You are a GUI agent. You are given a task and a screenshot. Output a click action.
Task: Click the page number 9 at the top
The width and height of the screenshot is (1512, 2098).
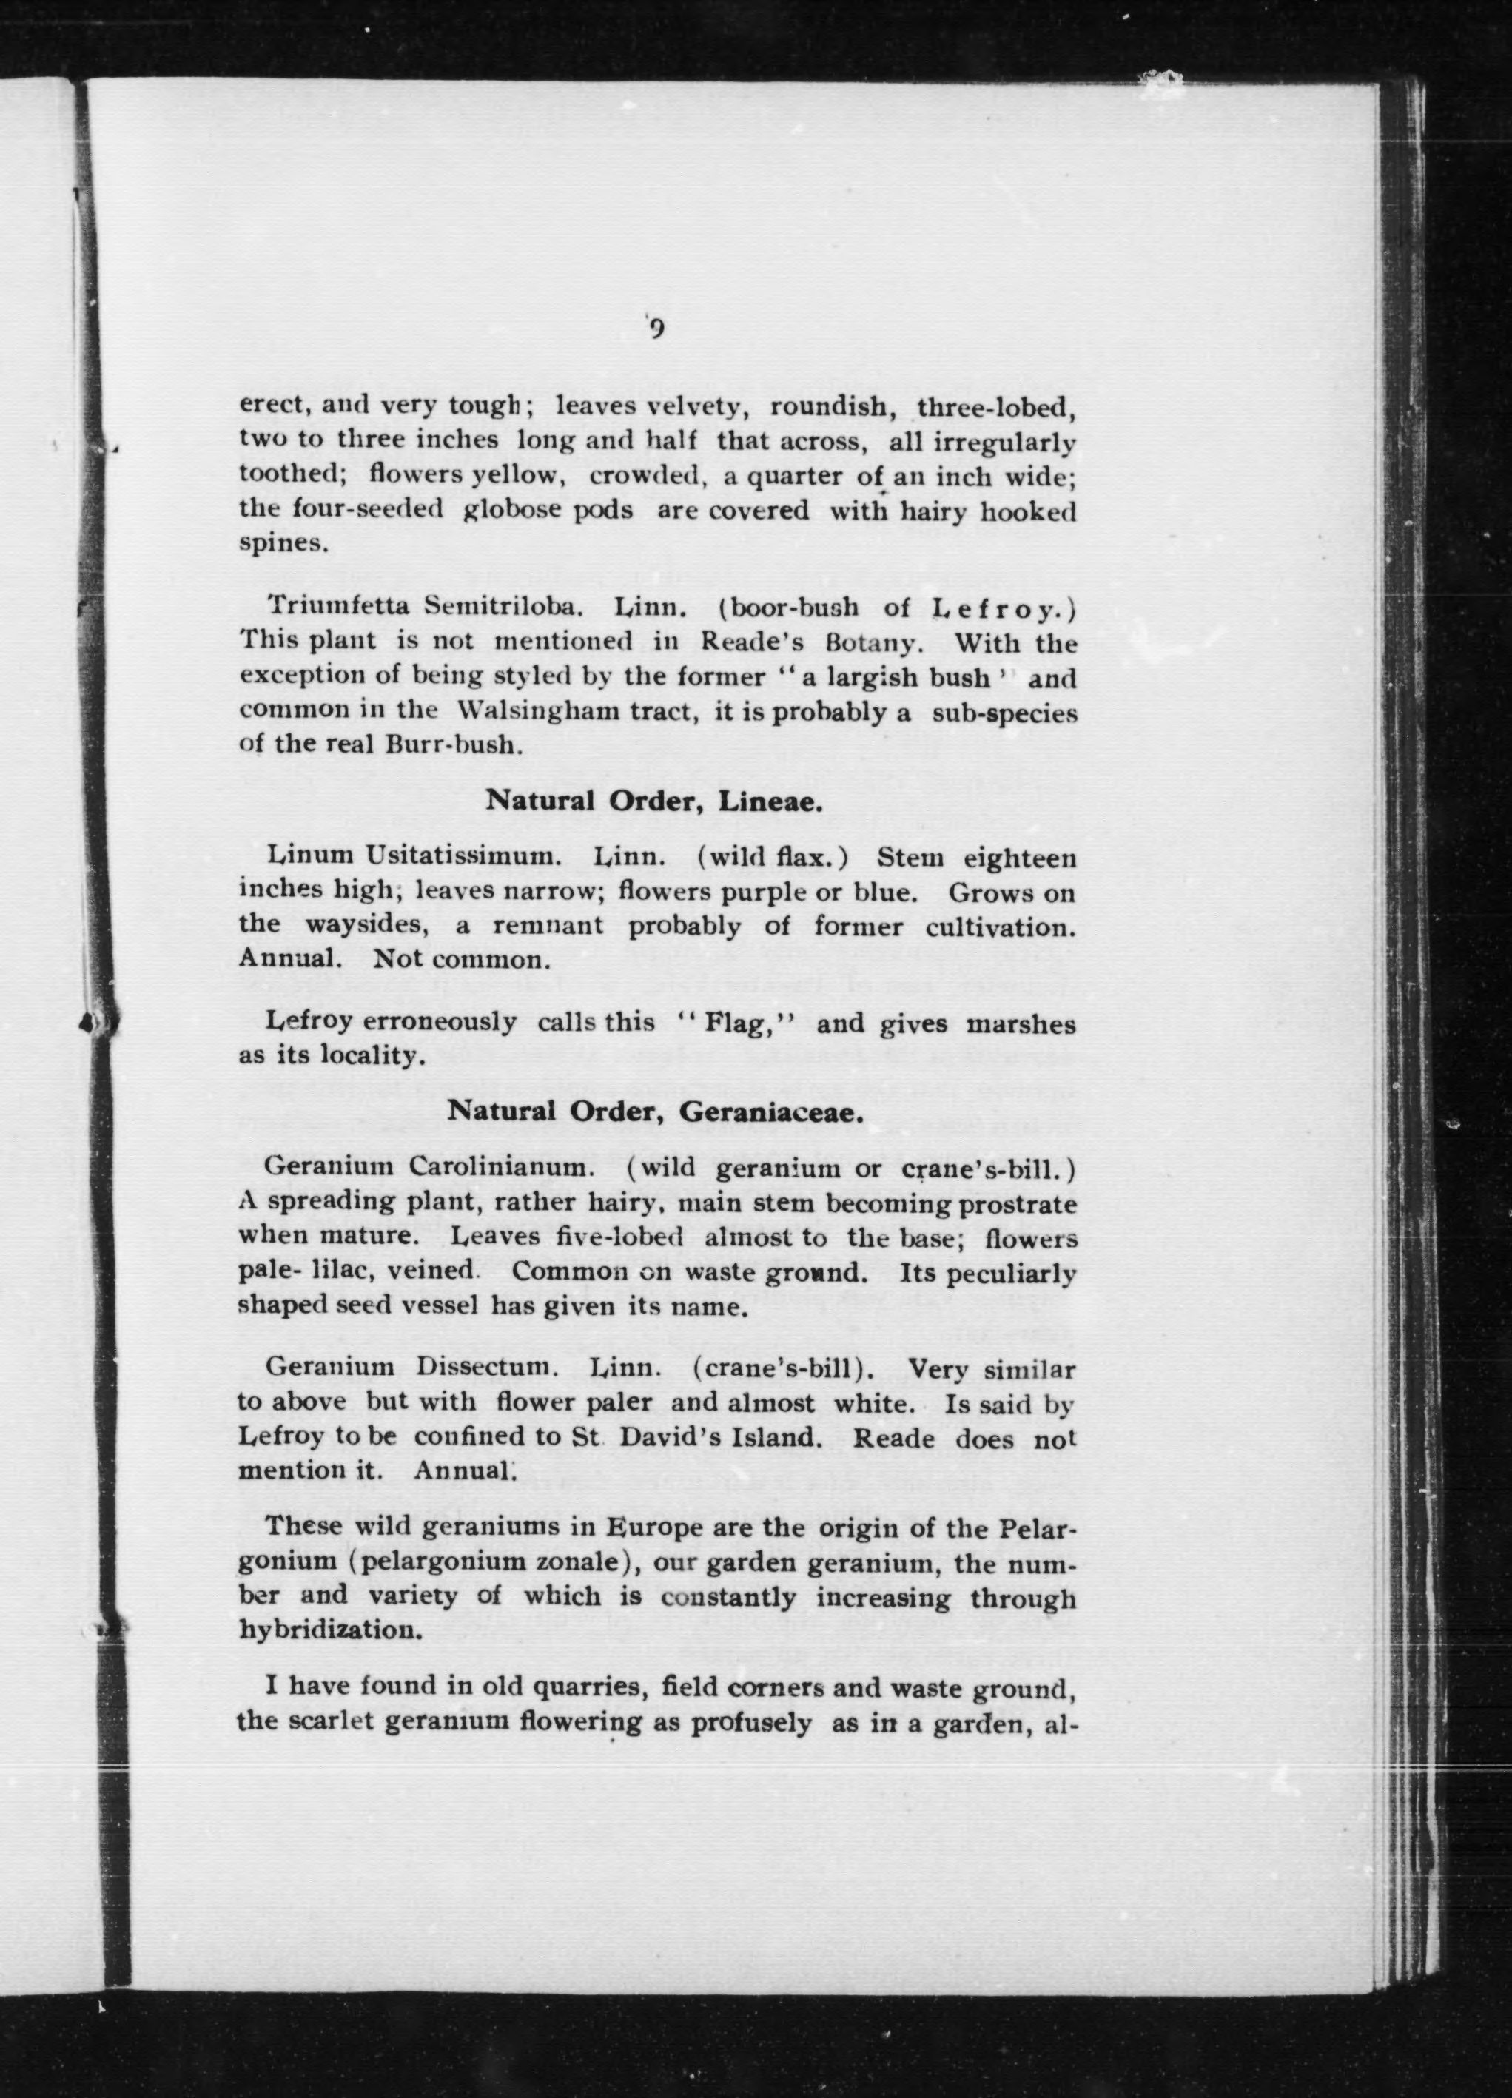pyautogui.click(x=657, y=329)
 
